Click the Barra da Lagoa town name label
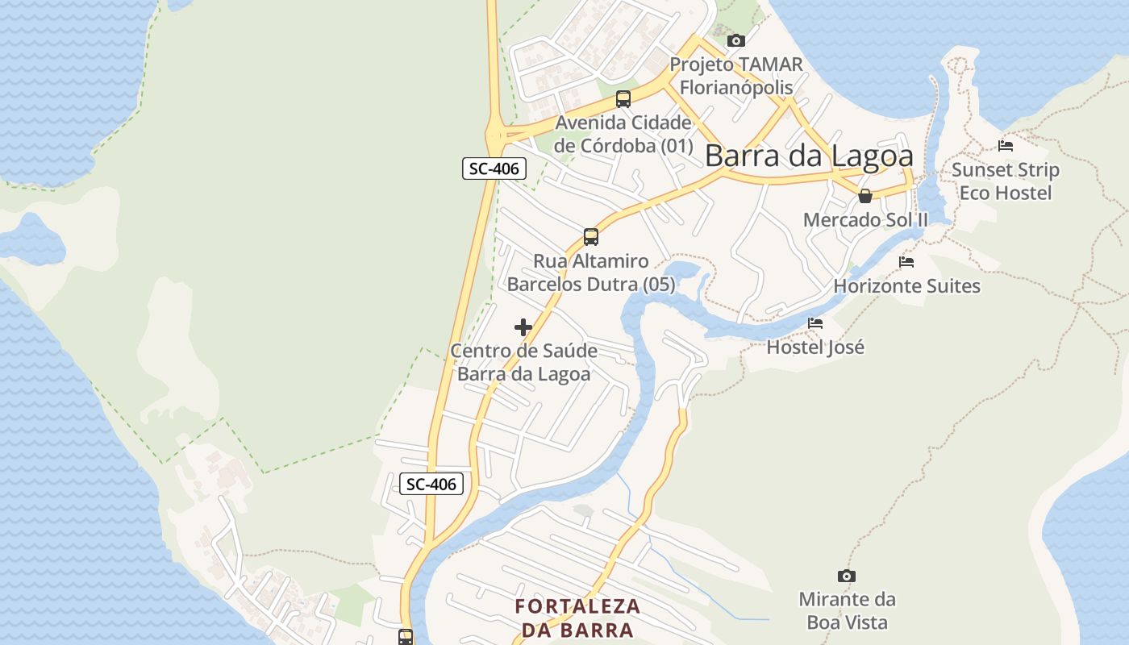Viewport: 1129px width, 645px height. click(x=809, y=156)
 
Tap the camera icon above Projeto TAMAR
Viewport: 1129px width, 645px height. click(x=735, y=40)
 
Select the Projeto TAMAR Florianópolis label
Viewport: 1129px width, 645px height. click(x=736, y=76)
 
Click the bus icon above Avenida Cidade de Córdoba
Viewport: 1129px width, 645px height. click(x=623, y=99)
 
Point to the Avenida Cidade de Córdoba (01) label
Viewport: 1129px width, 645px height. click(x=623, y=135)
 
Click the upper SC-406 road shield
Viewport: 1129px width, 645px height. click(x=494, y=169)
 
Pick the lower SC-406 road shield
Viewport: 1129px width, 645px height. click(x=431, y=484)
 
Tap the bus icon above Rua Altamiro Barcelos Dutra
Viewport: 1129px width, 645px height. click(x=591, y=237)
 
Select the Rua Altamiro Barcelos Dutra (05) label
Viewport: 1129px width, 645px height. click(x=591, y=273)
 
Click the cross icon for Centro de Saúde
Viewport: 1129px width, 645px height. click(x=523, y=327)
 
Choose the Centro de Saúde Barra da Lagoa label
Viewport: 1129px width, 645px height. click(x=523, y=363)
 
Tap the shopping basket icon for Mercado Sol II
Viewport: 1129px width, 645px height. click(x=865, y=196)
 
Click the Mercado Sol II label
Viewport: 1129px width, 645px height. click(x=865, y=219)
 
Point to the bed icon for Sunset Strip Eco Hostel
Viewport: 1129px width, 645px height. click(x=1005, y=146)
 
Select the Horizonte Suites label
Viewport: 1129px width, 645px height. click(x=906, y=286)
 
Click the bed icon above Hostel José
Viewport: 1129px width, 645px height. click(x=815, y=323)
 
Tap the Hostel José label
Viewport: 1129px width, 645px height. click(x=815, y=347)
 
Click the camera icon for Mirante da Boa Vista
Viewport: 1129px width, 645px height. click(x=846, y=576)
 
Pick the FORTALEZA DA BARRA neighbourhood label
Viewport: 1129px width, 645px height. click(x=577, y=618)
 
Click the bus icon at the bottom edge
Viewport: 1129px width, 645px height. click(x=406, y=636)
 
